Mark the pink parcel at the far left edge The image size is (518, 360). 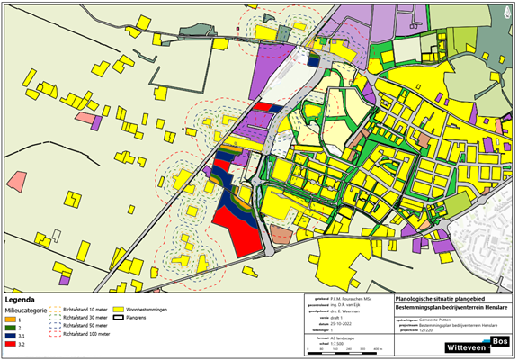(15, 179)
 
